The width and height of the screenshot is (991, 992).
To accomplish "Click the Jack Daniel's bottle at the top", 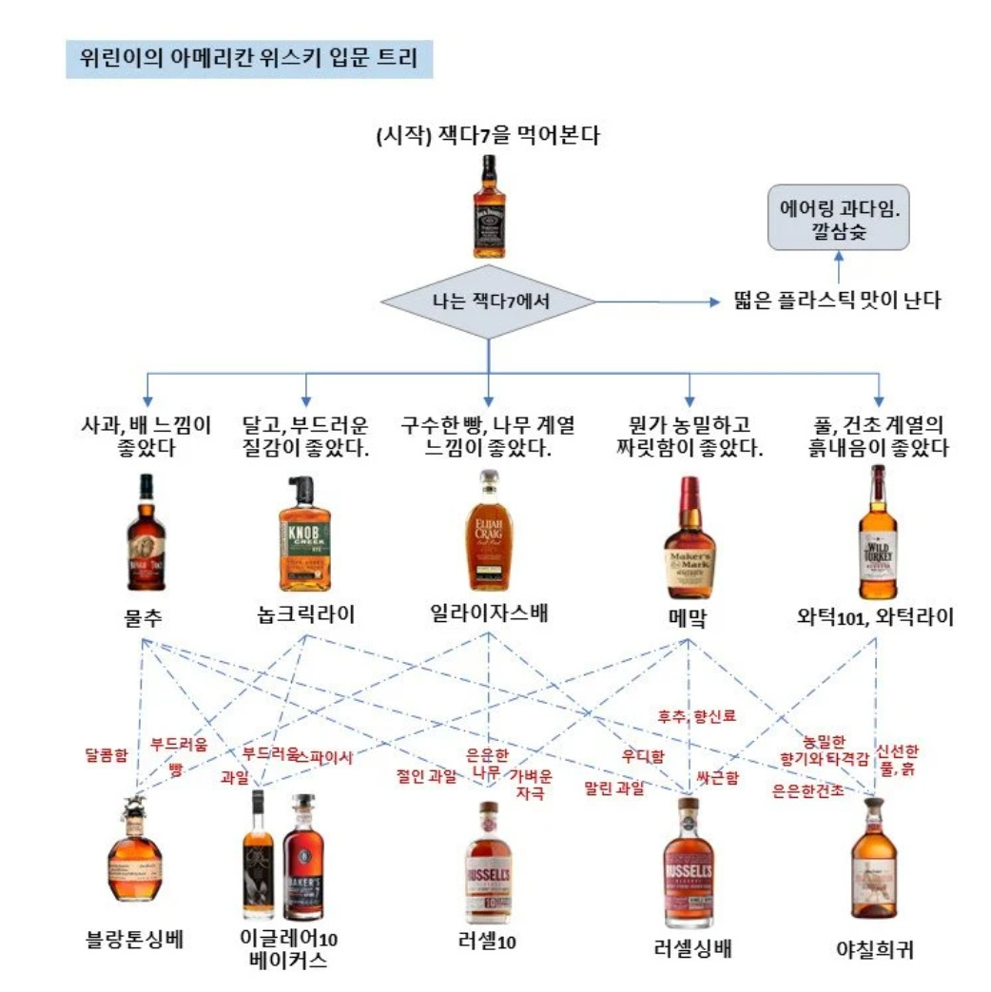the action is pos(489,207).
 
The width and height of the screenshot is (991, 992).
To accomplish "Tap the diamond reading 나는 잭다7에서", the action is pos(489,302).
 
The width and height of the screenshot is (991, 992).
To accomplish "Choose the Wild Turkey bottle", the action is pos(877,533).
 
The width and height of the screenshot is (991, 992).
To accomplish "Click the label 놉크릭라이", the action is pos(304,615).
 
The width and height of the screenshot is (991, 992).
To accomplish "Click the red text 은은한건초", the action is pos(808,789).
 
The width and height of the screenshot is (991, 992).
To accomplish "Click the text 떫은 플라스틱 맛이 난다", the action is pos(838,301).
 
